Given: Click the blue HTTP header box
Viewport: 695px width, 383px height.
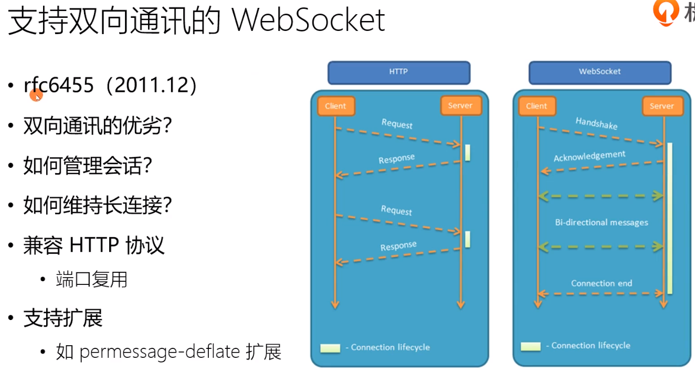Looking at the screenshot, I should [398, 72].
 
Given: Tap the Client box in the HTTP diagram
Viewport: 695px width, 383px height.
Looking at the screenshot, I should [335, 106].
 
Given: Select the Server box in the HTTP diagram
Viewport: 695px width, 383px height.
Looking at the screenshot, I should [460, 105].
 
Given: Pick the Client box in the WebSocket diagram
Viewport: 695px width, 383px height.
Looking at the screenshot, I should [536, 106].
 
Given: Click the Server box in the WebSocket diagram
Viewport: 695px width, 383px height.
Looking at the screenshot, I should [661, 106].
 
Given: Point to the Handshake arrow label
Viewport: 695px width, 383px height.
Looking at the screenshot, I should [596, 123].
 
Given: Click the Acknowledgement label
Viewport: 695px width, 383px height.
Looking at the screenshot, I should [589, 156].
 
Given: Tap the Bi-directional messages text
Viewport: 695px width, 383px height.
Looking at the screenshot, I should [602, 222].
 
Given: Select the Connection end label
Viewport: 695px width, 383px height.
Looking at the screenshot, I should [602, 283].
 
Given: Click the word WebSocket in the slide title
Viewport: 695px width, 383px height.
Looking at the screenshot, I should [309, 21].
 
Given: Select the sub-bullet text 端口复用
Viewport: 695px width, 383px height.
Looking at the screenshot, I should [92, 280].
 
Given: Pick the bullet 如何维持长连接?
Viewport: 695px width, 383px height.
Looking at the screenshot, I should [98, 205].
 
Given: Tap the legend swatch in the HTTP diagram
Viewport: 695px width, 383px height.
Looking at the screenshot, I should [330, 348].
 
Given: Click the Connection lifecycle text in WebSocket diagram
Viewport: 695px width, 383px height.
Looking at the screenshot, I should [591, 346].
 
